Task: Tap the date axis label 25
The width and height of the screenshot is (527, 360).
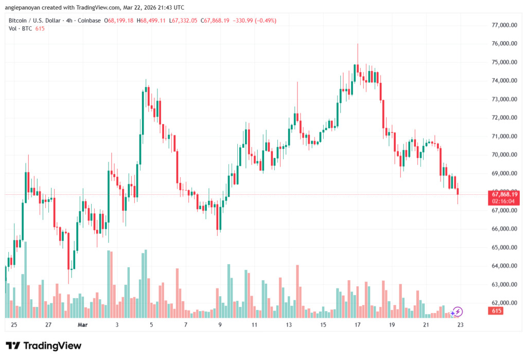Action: pyautogui.click(x=13, y=325)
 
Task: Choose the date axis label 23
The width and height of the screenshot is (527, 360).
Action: pyautogui.click(x=461, y=325)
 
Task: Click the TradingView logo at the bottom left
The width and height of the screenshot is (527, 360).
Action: pyautogui.click(x=43, y=346)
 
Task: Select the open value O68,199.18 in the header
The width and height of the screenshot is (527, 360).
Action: pyautogui.click(x=119, y=21)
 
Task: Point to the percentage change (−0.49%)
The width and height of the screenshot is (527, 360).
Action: pyautogui.click(x=264, y=21)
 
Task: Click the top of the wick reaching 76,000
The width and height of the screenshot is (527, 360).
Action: pyautogui.click(x=358, y=44)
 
